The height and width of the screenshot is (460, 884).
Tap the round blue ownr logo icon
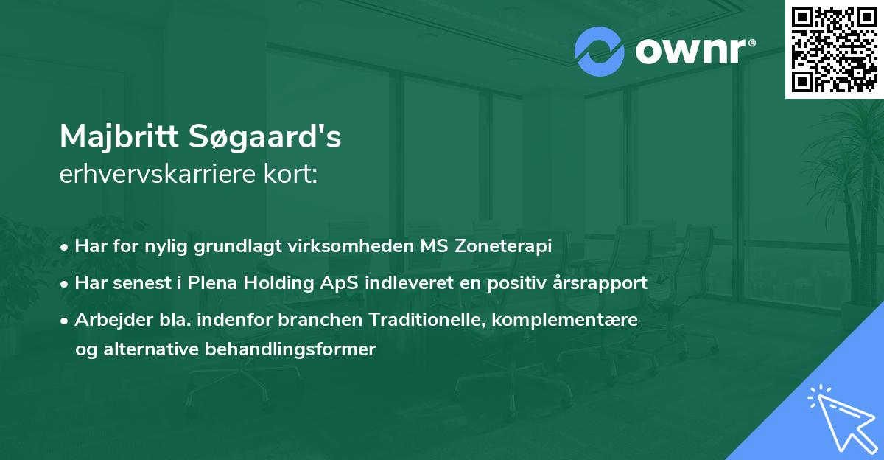click(600, 52)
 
